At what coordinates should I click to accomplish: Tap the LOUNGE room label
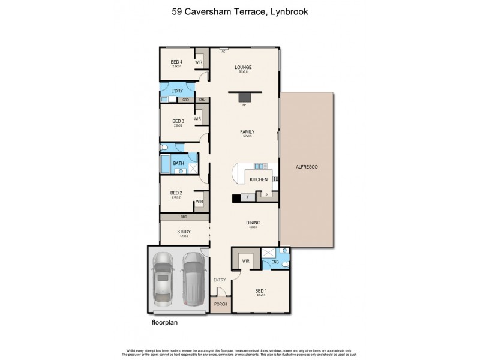(243, 67)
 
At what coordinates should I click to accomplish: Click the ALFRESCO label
(306, 168)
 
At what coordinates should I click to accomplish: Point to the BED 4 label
(176, 62)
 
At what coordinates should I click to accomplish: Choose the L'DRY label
(177, 91)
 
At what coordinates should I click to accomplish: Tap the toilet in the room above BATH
(164, 147)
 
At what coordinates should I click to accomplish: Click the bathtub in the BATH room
(165, 164)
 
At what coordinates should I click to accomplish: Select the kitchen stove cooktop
(276, 178)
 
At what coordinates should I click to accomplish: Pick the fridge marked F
(248, 196)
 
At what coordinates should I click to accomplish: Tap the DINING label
(253, 223)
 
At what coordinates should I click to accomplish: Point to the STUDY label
(184, 232)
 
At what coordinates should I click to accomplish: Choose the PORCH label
(220, 305)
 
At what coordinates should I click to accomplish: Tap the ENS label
(275, 262)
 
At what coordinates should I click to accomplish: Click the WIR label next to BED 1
(245, 261)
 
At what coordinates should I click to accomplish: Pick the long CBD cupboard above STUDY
(184, 217)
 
